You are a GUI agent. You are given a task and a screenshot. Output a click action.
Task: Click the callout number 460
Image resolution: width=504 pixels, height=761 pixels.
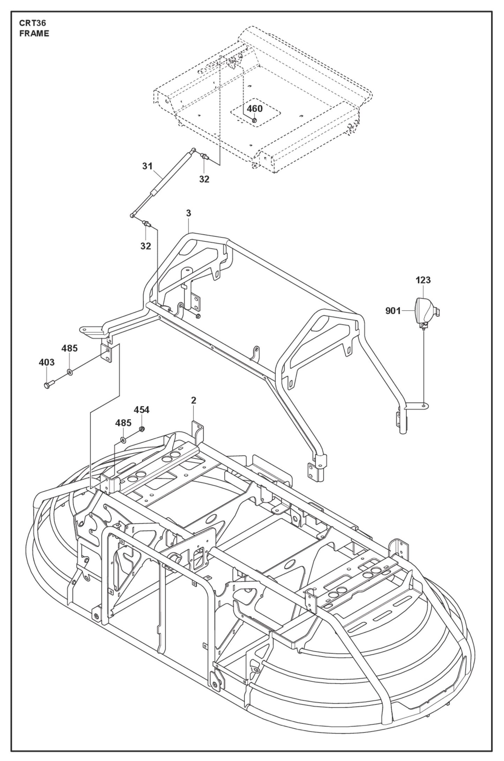pyautogui.click(x=255, y=109)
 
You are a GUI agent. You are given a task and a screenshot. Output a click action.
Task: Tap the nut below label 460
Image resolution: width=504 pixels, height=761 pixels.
pyautogui.click(x=254, y=120)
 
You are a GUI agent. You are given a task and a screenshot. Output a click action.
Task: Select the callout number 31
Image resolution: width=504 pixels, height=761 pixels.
pyautogui.click(x=148, y=166)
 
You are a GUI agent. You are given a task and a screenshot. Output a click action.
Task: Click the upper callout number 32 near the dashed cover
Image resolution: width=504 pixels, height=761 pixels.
pyautogui.click(x=204, y=179)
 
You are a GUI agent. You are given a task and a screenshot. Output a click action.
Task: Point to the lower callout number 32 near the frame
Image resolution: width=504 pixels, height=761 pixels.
pyautogui.click(x=146, y=246)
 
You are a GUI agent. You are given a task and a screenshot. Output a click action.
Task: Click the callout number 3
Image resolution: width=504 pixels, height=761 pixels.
pyautogui.click(x=189, y=213)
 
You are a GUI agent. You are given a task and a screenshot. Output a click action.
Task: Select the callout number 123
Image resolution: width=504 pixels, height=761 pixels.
pyautogui.click(x=423, y=280)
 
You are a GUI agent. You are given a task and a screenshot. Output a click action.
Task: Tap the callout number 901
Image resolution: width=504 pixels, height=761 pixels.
pyautogui.click(x=393, y=311)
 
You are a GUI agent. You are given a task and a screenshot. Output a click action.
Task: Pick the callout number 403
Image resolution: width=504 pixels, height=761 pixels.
pyautogui.click(x=47, y=362)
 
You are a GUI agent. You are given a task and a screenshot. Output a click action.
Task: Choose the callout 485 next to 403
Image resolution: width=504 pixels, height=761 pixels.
pyautogui.click(x=70, y=348)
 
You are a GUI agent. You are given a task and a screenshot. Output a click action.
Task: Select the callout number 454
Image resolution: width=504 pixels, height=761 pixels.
pyautogui.click(x=142, y=410)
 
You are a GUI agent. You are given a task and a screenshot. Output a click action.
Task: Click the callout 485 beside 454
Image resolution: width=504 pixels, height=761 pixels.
pyautogui.click(x=123, y=423)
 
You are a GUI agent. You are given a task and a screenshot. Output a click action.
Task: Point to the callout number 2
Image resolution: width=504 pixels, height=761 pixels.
pyautogui.click(x=194, y=401)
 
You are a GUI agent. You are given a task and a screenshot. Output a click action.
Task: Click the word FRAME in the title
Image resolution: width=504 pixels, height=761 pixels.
pyautogui.click(x=34, y=34)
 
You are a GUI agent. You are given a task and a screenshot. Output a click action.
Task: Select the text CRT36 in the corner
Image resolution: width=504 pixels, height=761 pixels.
pyautogui.click(x=33, y=23)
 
